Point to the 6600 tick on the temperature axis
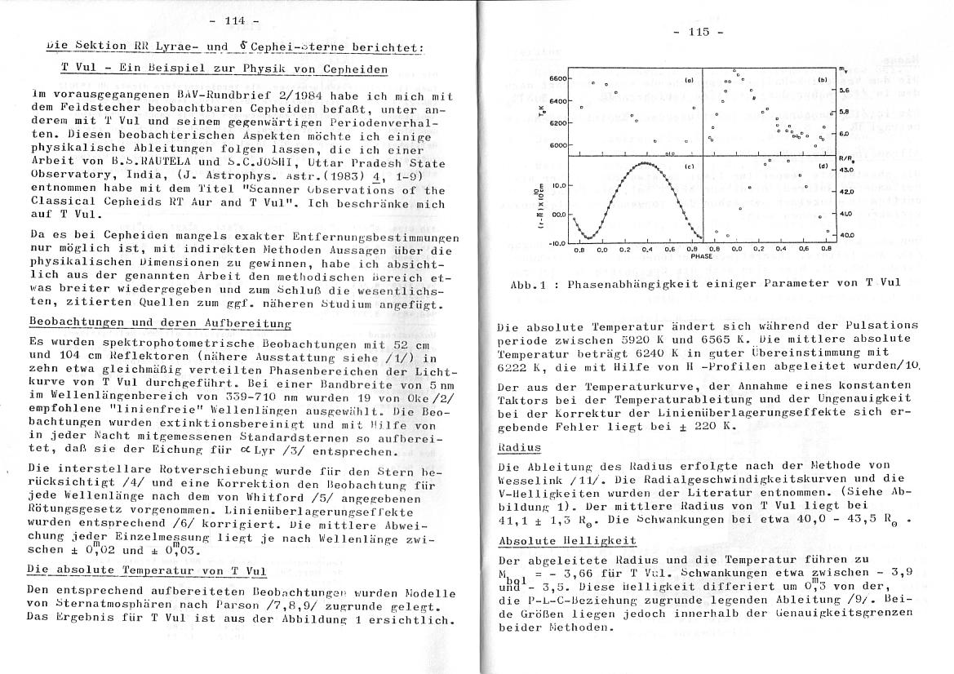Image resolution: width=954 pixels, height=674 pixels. (x=557, y=78)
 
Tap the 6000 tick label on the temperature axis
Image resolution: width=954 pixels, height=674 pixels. (x=557, y=145)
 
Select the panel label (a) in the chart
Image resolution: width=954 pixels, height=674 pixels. (x=689, y=81)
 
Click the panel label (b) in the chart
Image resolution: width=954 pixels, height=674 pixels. (x=822, y=81)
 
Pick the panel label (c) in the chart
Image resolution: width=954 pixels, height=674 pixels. (x=689, y=167)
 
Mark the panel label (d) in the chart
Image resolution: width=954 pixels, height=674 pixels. (x=822, y=167)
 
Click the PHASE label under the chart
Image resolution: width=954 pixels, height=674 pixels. (x=702, y=256)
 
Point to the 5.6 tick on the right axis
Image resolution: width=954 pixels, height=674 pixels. (x=845, y=91)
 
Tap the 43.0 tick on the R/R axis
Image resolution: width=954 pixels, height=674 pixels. (x=846, y=169)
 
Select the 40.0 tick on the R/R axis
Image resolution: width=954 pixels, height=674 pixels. (x=846, y=235)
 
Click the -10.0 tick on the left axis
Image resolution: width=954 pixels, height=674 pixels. (x=557, y=243)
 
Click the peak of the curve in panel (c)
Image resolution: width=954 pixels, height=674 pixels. (x=646, y=163)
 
